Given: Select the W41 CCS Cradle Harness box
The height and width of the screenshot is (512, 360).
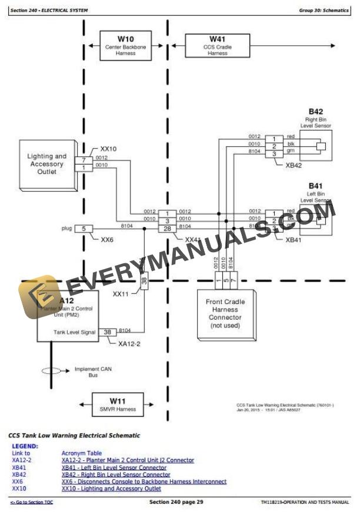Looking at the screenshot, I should coord(218,45).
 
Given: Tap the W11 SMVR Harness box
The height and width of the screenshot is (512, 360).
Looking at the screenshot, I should coord(114,405).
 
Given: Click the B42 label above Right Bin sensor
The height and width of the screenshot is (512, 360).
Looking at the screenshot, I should coord(316,112).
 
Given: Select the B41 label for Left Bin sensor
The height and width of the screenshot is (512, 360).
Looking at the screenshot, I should coord(316,185).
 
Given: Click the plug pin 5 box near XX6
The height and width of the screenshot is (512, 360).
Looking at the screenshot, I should coord(84,228).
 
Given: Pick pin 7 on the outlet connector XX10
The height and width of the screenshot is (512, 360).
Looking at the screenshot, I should coord(84,159).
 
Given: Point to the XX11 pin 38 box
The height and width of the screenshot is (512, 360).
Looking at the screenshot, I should coord(144,280).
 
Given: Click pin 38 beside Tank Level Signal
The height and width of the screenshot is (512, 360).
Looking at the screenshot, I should coord(107,332).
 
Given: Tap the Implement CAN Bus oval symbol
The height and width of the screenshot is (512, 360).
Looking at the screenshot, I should coord(54,371).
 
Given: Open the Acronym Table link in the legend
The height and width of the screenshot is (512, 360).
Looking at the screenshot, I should coord(81,453).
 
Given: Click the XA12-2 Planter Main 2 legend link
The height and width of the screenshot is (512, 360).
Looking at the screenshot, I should coord(128,460).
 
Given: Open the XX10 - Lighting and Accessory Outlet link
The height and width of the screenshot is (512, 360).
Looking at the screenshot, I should coord(111,488).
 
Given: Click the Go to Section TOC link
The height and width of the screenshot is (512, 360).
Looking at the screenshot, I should coord(32,503).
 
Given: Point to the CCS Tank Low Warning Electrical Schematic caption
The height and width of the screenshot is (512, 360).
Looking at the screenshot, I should coord(74,436).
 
